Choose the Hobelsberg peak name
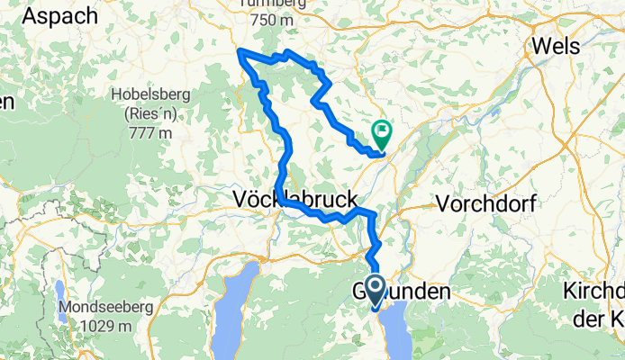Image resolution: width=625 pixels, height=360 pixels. [x=149, y=94]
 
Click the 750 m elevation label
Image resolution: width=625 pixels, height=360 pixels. [x=271, y=21]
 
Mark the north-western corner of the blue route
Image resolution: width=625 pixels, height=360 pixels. [x=240, y=50]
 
